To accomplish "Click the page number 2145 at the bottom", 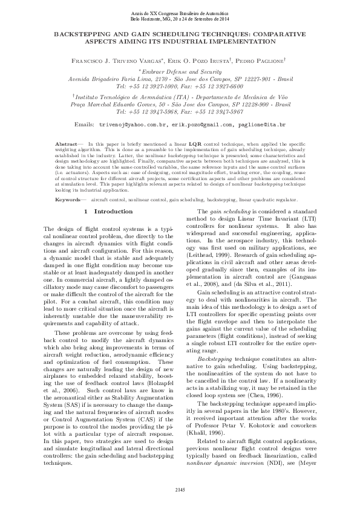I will (x=180, y=488).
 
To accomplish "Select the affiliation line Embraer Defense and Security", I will (x=181, y=71).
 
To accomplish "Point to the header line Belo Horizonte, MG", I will (x=180, y=19).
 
